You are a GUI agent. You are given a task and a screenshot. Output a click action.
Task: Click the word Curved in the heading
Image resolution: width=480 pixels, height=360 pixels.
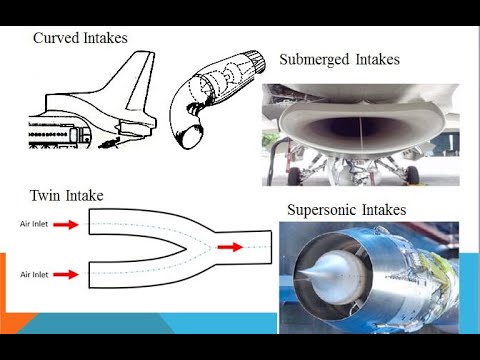[x=58, y=38]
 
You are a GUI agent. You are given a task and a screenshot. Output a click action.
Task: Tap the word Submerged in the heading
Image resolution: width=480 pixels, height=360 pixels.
[x=318, y=60]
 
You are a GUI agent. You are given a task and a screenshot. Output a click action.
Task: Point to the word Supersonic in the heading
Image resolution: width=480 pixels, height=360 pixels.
[x=327, y=211]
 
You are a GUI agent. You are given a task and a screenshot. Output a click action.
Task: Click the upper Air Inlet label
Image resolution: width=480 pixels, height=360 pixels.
[x=36, y=225]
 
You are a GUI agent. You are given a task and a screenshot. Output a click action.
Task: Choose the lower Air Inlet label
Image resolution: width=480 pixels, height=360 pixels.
[x=36, y=272]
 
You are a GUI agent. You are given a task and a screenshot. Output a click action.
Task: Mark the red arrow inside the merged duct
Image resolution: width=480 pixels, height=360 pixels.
[x=229, y=246]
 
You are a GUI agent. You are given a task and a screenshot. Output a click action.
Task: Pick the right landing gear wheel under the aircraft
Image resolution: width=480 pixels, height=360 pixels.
[x=412, y=174]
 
